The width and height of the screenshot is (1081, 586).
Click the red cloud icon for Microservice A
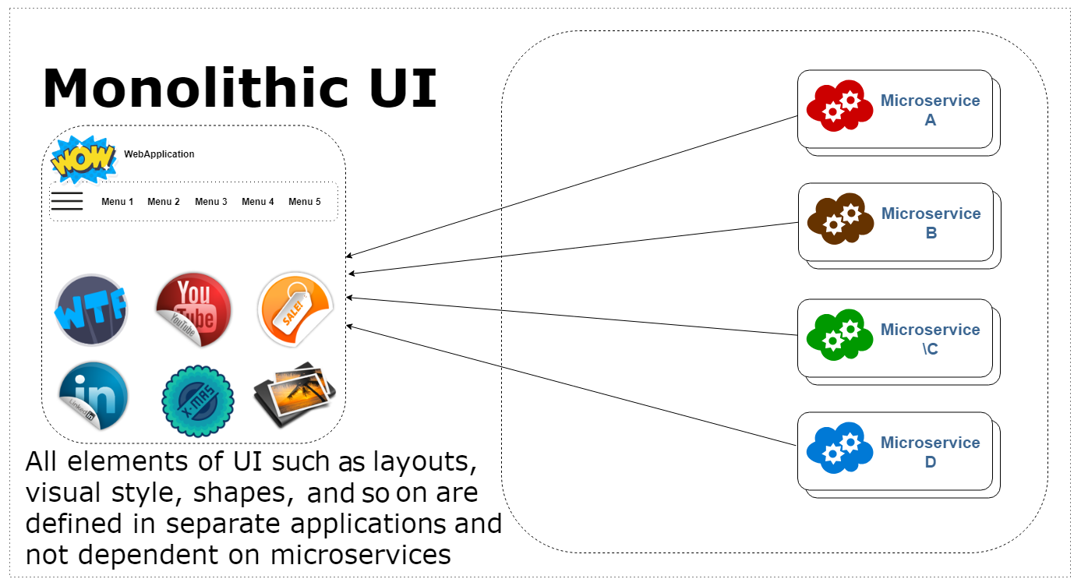point(839,106)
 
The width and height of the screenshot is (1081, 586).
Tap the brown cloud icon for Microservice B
point(840,217)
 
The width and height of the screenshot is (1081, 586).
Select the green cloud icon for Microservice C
point(839,336)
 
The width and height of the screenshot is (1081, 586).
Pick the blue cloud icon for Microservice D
point(839,447)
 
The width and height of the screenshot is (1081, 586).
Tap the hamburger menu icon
point(67,201)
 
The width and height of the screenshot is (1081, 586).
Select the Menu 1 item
point(118,202)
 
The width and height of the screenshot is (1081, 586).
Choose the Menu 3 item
point(211,202)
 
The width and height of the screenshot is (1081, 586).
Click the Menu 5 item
point(305,202)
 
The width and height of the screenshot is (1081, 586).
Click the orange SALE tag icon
point(295,309)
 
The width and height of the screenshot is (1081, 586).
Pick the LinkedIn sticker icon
point(93,396)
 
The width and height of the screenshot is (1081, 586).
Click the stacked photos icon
point(295,394)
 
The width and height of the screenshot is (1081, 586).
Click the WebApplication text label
point(159,154)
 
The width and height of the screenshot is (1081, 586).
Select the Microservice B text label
point(931,223)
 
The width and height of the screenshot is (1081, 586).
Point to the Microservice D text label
point(930,452)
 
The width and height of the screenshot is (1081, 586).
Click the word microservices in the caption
point(361,555)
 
